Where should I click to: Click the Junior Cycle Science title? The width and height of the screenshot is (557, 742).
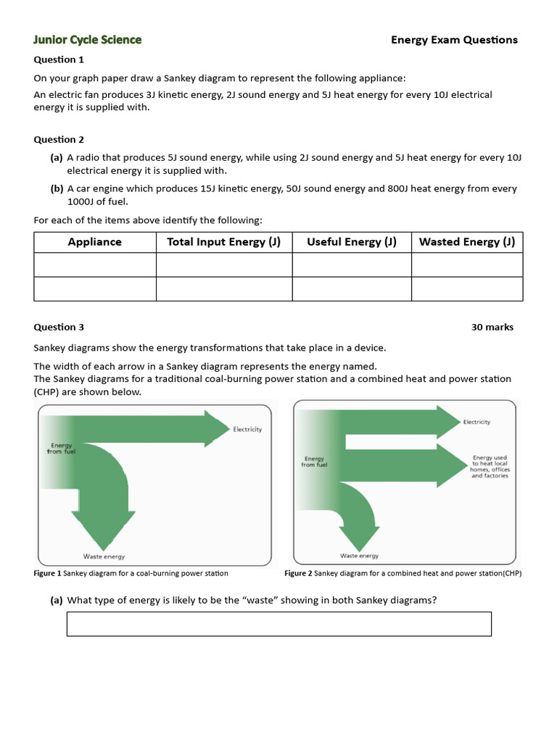88,40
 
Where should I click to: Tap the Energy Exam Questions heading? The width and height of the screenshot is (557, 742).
454,40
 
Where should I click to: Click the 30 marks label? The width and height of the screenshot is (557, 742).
492,327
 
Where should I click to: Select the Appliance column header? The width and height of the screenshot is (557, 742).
95,242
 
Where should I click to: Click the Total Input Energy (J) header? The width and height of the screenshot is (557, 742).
223,242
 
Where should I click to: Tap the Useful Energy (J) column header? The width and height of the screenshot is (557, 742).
352,242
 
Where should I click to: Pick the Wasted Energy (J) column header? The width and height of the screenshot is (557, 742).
467,242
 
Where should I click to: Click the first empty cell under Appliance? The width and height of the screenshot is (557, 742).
95,264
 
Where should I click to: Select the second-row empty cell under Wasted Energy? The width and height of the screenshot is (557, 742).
467,288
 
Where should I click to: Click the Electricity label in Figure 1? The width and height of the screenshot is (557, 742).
247,430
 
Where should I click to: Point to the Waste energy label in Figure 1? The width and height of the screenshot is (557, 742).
104,556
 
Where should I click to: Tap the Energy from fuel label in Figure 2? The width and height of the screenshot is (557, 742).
314,462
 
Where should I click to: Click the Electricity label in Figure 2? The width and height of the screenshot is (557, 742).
476,422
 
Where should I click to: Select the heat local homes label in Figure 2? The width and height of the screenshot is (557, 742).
490,467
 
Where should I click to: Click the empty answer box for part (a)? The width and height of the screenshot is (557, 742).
278,624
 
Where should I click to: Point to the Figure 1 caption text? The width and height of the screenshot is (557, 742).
131,573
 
